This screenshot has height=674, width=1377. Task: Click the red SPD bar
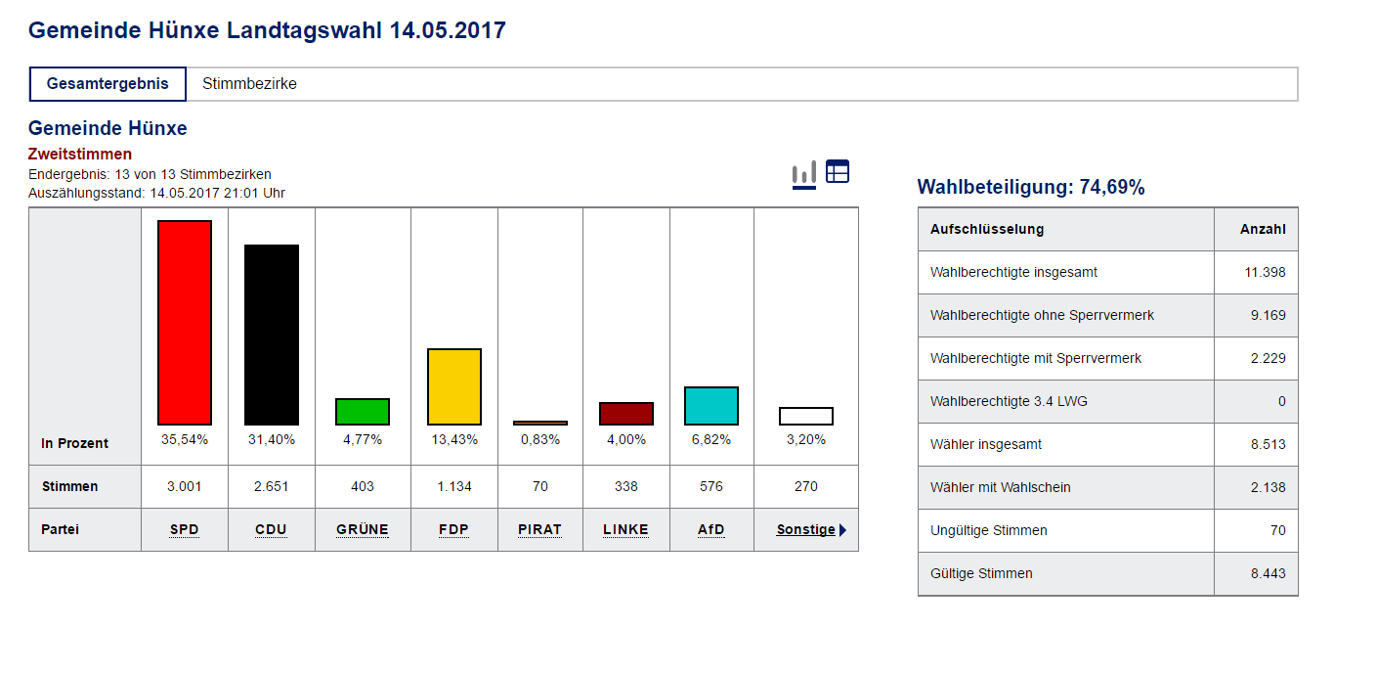point(185,322)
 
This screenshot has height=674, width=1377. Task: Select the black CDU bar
point(272,335)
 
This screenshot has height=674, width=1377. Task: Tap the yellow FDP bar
point(454,386)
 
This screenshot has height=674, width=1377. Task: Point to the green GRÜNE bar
point(363,412)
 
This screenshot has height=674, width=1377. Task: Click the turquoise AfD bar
point(711,406)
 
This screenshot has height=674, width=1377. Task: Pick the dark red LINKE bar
point(626,414)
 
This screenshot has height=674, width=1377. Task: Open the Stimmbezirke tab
point(249,84)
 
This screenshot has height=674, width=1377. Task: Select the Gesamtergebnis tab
point(108,84)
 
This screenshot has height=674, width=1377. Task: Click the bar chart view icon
point(803,174)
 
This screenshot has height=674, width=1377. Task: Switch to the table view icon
point(838,171)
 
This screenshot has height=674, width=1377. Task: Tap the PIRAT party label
point(539,530)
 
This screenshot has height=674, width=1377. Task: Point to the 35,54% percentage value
point(185,440)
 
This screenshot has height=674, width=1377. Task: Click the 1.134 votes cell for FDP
point(454,486)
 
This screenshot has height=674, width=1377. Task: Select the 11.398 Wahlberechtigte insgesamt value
point(1265,272)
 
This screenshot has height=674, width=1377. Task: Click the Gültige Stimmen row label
point(981,573)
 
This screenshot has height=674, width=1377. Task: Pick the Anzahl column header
point(1263,229)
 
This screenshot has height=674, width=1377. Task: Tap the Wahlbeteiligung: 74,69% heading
point(1031,188)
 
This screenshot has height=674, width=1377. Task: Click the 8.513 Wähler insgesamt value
point(1267,444)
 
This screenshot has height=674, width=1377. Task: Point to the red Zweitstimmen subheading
point(80,155)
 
